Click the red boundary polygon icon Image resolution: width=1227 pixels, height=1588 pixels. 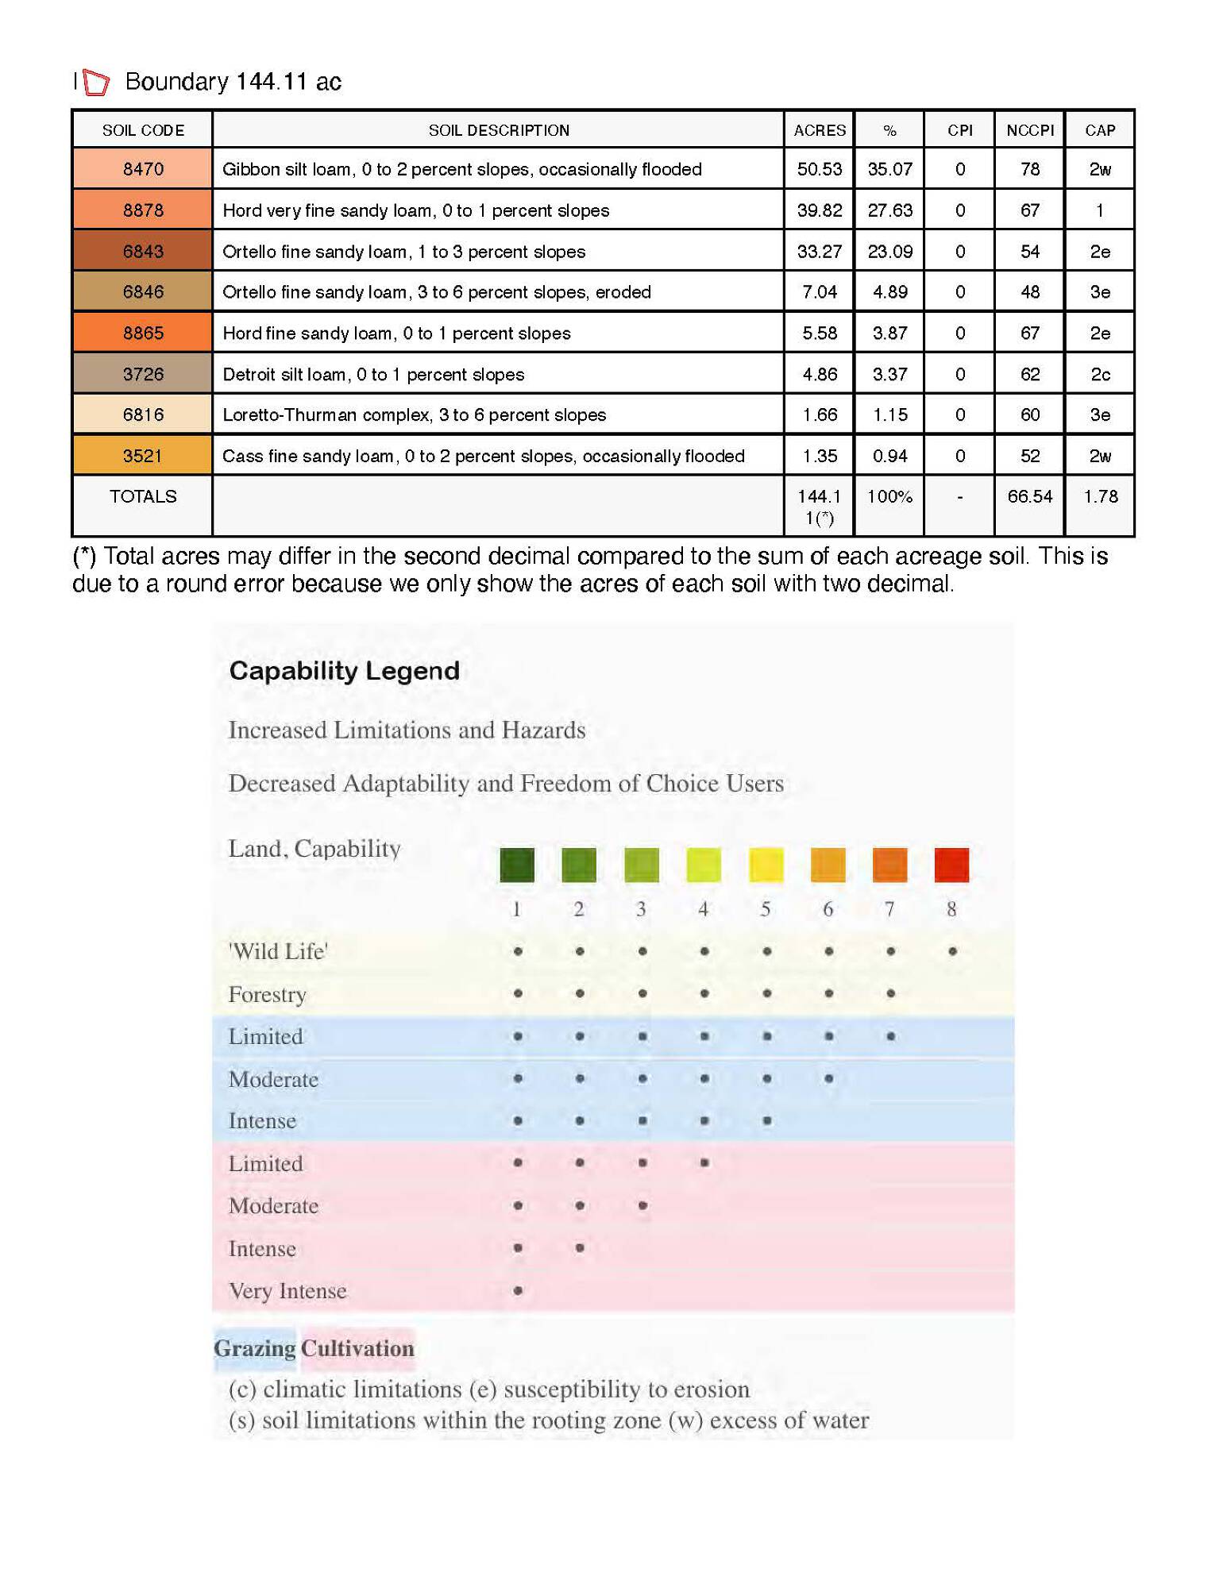pyautogui.click(x=96, y=83)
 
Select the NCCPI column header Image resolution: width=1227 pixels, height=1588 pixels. pyautogui.click(x=1029, y=130)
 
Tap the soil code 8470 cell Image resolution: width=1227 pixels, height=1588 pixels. pyautogui.click(x=143, y=169)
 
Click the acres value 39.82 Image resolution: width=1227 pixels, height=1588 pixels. pyautogui.click(x=819, y=210)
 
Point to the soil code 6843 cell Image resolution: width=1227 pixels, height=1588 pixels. pyautogui.click(x=143, y=252)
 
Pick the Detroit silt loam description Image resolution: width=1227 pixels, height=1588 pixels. pyautogui.click(x=373, y=374)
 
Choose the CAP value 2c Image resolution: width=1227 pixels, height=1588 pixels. pyautogui.click(x=1100, y=374)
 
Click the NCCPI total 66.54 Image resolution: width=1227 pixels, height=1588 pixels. pyautogui.click(x=1029, y=496)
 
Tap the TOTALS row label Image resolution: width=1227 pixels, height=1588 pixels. pyautogui.click(x=143, y=496)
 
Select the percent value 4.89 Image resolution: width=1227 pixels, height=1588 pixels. pyautogui.click(x=889, y=292)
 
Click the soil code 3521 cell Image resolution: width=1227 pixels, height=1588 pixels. pyautogui.click(x=143, y=456)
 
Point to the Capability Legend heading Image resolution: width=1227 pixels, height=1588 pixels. pyautogui.click(x=344, y=671)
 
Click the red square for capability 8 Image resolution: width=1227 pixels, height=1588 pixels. pyautogui.click(x=951, y=865)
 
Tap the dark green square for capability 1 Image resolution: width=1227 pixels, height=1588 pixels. pyautogui.click(x=517, y=865)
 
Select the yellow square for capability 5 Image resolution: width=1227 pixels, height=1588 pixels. pyautogui.click(x=766, y=865)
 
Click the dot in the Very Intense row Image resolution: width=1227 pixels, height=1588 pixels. pyautogui.click(x=518, y=1290)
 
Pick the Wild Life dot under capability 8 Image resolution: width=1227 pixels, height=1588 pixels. pyautogui.click(x=952, y=951)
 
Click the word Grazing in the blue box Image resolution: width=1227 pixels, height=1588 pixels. pyautogui.click(x=254, y=1348)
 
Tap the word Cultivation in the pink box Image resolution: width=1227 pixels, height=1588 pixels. pyautogui.click(x=357, y=1348)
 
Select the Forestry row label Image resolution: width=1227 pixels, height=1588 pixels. pyautogui.click(x=267, y=994)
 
